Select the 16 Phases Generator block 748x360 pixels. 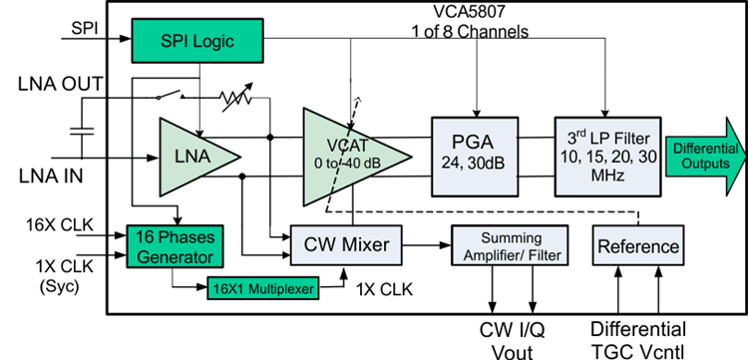(175, 246)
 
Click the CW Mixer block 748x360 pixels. (345, 244)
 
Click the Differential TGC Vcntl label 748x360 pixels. (638, 338)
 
